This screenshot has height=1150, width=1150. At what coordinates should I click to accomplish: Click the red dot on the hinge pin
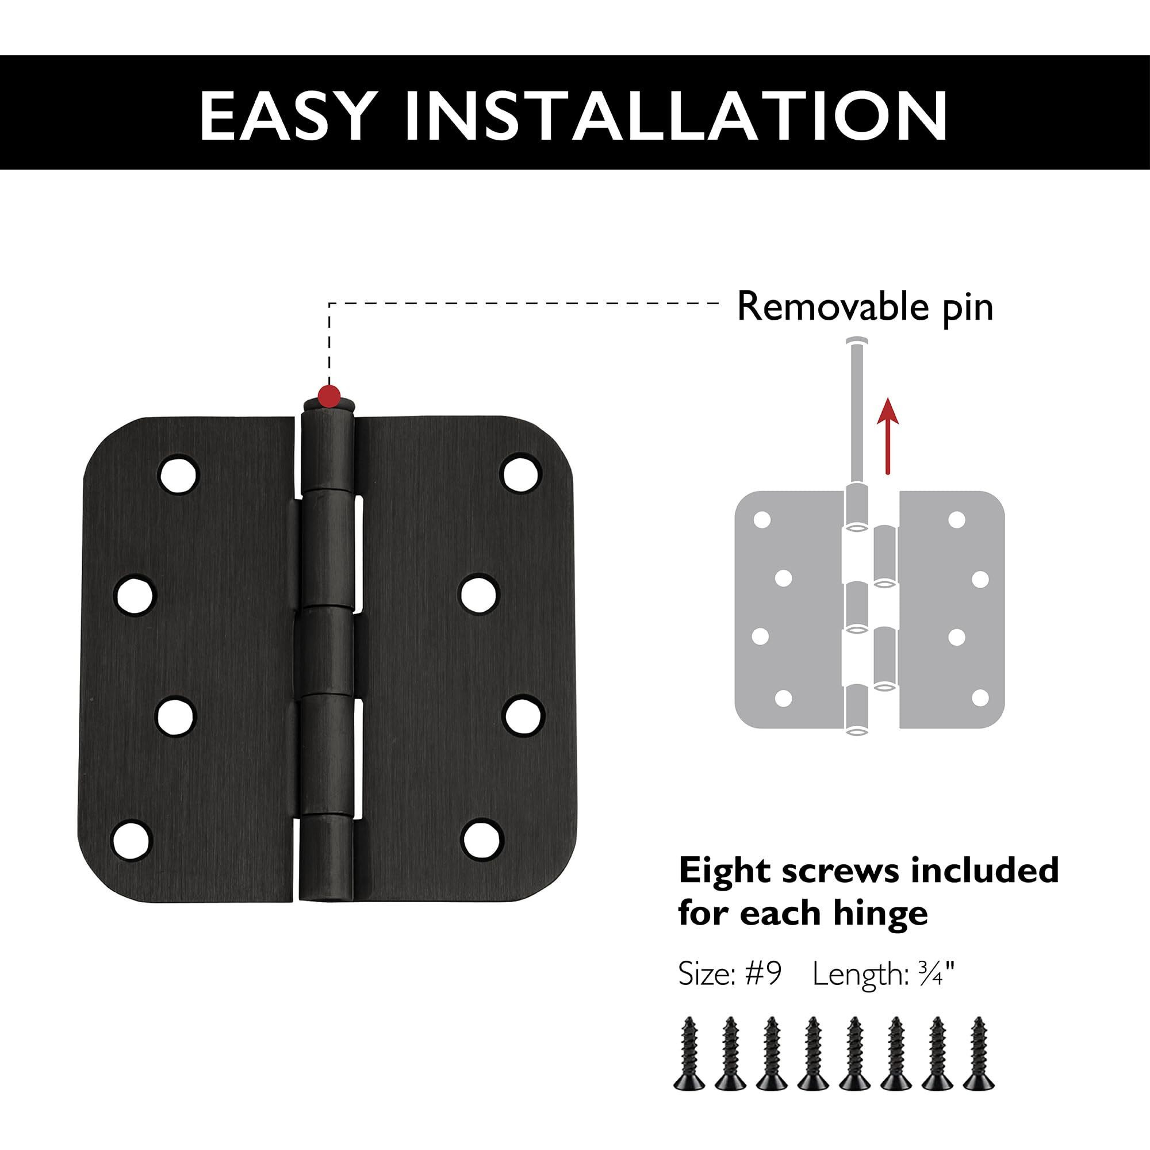click(329, 394)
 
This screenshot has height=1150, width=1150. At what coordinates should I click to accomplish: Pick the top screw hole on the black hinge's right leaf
click(522, 474)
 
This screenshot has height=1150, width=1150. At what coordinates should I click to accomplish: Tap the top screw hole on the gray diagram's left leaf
click(761, 520)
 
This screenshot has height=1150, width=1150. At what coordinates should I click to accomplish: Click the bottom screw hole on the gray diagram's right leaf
click(980, 697)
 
